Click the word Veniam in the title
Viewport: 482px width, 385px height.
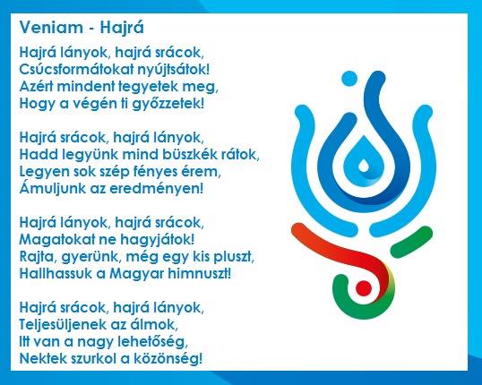(51, 28)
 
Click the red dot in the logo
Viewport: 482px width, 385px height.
(364, 288)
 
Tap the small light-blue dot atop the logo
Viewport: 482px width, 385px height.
(349, 79)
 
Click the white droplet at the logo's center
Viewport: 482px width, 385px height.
(364, 166)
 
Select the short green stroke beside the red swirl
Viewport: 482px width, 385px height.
(411, 242)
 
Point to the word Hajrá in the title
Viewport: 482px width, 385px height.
(122, 28)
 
